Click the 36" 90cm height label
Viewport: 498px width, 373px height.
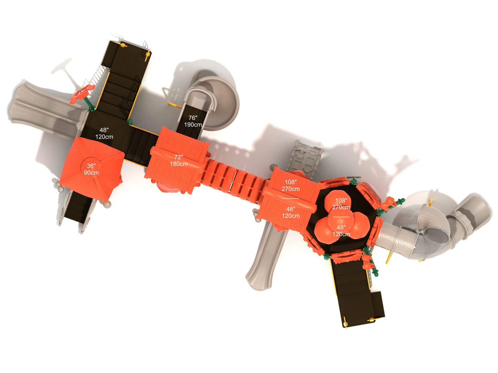coord(91,169)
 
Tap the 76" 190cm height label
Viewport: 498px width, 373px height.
coord(193,121)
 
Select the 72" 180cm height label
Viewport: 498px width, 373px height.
coord(179,160)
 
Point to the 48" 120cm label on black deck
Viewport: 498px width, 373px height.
coord(104,134)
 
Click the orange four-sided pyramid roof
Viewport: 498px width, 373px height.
coord(92,169)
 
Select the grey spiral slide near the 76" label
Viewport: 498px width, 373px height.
coord(214,102)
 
